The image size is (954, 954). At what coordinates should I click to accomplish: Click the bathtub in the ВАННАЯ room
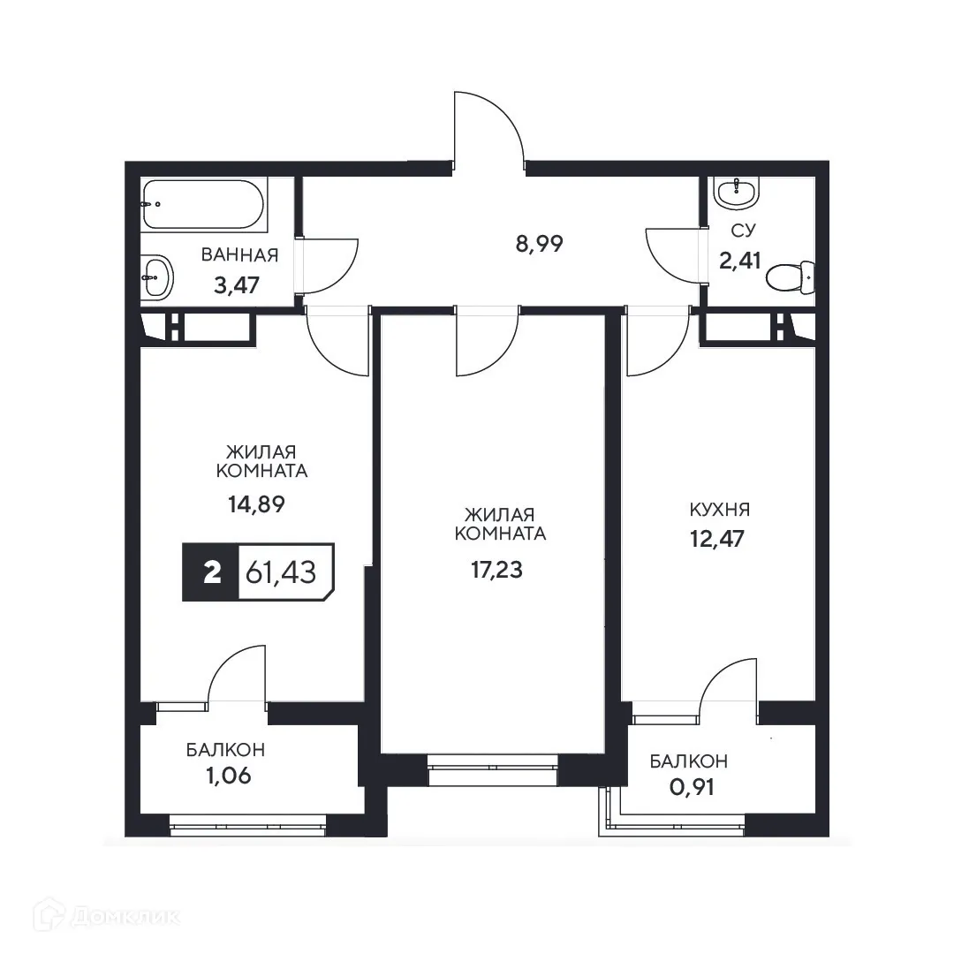pyautogui.click(x=203, y=204)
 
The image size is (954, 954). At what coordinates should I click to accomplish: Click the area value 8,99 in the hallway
pyautogui.click(x=539, y=244)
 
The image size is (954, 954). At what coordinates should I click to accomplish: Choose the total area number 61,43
pyautogui.click(x=286, y=573)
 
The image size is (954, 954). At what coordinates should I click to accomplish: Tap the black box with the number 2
pyautogui.click(x=210, y=573)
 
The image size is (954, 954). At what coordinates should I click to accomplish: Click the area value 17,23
pyautogui.click(x=496, y=570)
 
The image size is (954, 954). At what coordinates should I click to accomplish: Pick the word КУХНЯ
pyautogui.click(x=719, y=510)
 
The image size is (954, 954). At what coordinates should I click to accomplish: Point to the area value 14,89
pyautogui.click(x=256, y=504)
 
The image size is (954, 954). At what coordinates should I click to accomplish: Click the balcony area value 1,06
pyautogui.click(x=225, y=777)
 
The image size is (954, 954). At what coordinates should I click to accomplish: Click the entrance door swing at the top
pyautogui.click(x=488, y=128)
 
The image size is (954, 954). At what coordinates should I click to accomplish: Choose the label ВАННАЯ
pyautogui.click(x=239, y=256)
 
